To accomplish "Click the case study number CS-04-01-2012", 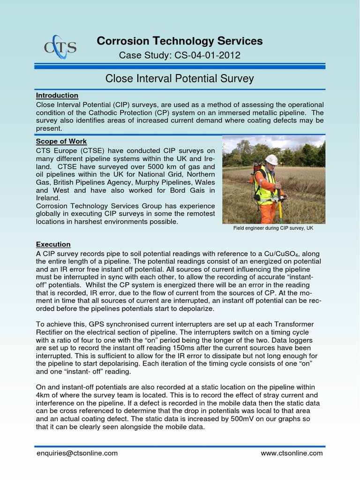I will (208, 55).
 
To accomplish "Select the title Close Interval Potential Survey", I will (180, 78).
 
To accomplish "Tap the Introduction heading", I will (57, 95).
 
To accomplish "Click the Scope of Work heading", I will (61, 142).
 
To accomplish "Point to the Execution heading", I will (53, 244).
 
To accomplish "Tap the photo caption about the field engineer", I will (273, 228).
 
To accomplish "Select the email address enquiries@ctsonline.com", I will (77, 453).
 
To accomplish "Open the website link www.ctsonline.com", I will (292, 453).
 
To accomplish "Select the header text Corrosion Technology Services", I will (180, 41).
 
